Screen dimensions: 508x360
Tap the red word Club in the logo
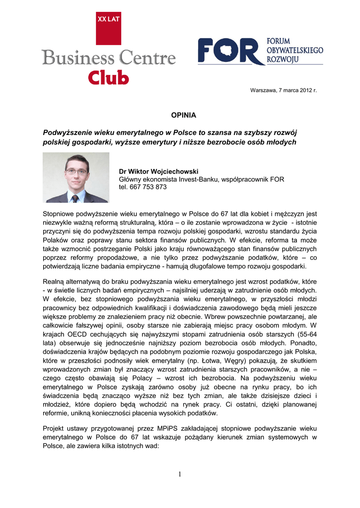coord(109,77)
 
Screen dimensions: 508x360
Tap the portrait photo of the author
coord(76,177)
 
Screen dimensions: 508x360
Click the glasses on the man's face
coord(76,172)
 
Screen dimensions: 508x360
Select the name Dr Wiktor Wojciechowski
coord(158,171)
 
